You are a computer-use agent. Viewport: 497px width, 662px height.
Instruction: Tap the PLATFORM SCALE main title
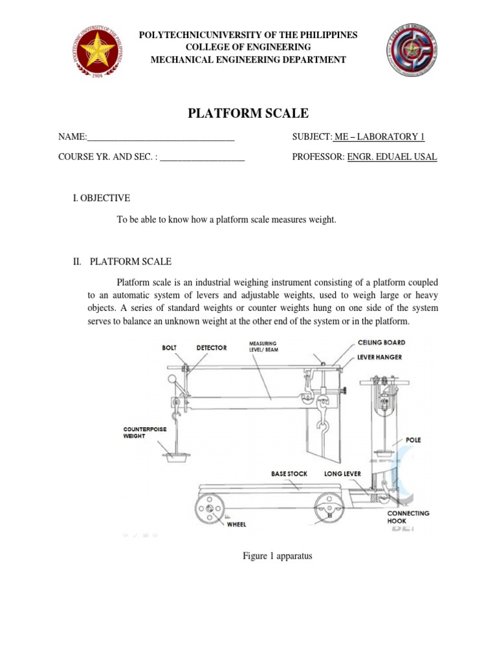[248, 114]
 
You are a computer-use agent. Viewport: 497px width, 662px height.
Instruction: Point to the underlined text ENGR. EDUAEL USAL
[392, 156]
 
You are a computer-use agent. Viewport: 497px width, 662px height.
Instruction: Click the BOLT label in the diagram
[169, 348]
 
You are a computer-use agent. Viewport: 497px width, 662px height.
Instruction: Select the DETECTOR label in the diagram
[212, 348]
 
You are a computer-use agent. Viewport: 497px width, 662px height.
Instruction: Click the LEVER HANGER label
[380, 356]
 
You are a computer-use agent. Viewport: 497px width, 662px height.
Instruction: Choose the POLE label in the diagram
[413, 440]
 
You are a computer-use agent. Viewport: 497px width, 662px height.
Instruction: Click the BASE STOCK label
[289, 474]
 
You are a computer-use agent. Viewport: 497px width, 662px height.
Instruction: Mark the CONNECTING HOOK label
[408, 517]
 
